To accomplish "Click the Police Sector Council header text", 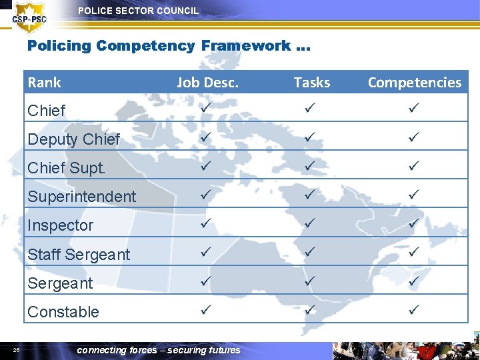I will coord(138,11).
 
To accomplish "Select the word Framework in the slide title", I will coord(246,46).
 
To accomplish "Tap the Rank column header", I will coord(44,83).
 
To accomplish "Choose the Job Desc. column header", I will coord(207,83).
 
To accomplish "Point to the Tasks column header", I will coord(312,83).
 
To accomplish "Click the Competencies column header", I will coord(414,83).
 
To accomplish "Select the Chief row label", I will coord(47,111).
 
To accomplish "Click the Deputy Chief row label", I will coord(73,139).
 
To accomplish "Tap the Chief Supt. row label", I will coord(67,168).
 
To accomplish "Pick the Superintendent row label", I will coord(81,197).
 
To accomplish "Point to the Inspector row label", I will coord(60,225).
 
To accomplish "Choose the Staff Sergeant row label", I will coord(79,254).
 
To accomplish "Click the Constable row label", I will coord(63,311).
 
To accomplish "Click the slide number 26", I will coord(17,349).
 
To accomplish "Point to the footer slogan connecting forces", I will coord(159,350).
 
